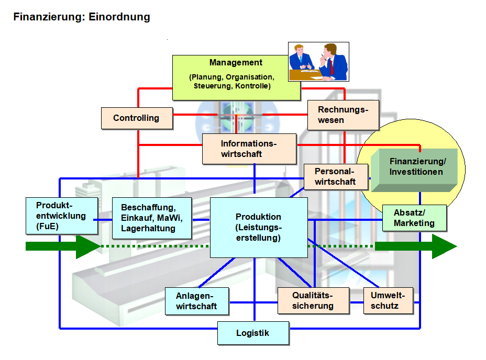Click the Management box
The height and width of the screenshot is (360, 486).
pos(236,77)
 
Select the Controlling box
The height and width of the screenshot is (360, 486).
pos(137,118)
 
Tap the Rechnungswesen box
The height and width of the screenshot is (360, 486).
pos(343,115)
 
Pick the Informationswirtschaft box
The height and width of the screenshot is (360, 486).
pos(249,149)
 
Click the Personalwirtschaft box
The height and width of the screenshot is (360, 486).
pos(335,176)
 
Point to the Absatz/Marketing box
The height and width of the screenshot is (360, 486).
pos(414,218)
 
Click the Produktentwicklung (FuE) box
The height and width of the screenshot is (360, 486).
pos(61,215)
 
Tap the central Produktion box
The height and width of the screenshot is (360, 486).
pos(258,227)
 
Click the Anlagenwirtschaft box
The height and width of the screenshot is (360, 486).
pos(196,301)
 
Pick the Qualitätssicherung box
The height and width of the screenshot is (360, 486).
pos(313,300)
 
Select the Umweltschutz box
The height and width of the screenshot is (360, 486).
pos(388,300)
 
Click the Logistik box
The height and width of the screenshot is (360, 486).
pos(253,333)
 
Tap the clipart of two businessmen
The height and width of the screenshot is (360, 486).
pos(318,62)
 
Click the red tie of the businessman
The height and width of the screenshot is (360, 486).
pos(332,66)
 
